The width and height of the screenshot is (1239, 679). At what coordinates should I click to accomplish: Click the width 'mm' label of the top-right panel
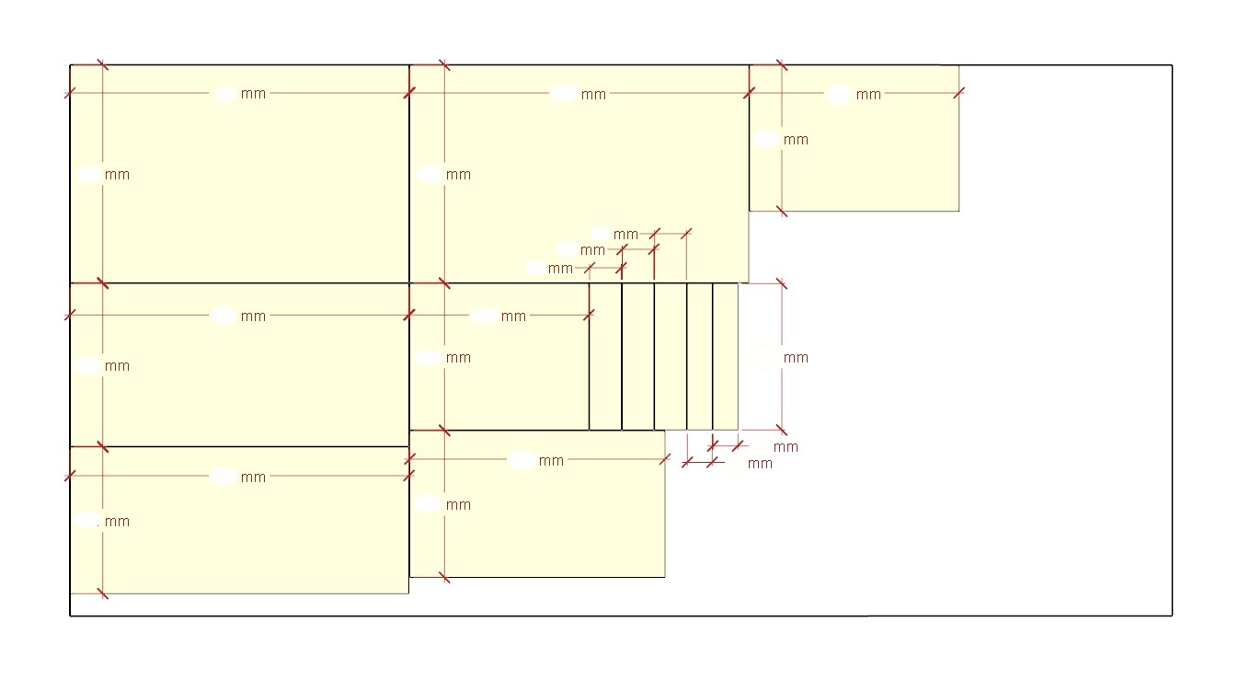868,95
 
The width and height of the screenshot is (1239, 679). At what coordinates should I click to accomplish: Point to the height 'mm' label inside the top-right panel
796,140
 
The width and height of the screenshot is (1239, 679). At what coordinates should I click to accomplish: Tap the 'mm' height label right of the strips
796,358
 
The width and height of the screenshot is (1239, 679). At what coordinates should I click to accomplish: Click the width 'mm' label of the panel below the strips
551,461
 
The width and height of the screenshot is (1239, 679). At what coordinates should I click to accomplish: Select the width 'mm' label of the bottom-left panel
253,478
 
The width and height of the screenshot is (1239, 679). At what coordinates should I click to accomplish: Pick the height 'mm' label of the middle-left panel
117,366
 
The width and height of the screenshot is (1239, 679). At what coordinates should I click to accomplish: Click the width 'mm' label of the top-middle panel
593,95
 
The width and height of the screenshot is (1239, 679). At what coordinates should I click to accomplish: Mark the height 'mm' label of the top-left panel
117,175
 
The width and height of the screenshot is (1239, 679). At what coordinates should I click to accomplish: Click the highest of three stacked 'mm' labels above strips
625,235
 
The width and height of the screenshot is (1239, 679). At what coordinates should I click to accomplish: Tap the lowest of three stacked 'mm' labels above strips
559,269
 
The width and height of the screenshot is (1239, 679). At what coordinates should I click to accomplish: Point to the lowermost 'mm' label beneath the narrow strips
760,464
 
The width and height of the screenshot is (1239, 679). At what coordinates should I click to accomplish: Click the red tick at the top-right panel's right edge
959,93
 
